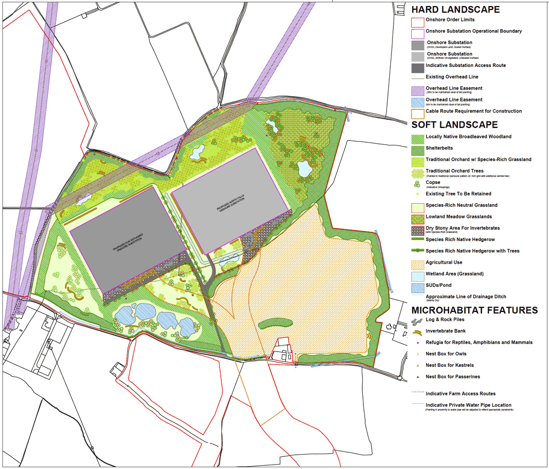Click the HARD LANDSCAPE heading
click(x=455, y=9)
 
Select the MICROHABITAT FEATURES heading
click(x=474, y=310)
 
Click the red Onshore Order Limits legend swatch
click(x=418, y=22)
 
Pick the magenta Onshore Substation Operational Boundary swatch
click(x=418, y=33)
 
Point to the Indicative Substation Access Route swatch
click(x=418, y=68)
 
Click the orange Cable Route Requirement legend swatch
click(x=418, y=113)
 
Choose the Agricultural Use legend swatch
click(x=418, y=263)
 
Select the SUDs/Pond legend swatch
click(x=418, y=285)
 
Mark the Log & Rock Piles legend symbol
click(x=418, y=320)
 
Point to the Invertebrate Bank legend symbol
click(x=418, y=331)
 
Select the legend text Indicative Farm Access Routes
click(x=460, y=394)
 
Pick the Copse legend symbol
click(x=418, y=183)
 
